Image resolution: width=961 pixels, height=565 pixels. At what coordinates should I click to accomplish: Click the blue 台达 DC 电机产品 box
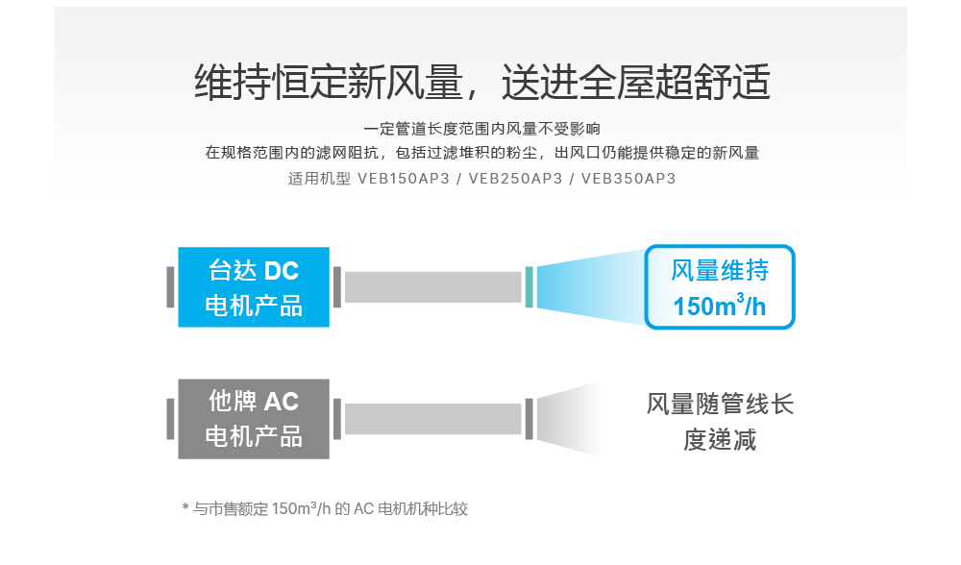(x=254, y=286)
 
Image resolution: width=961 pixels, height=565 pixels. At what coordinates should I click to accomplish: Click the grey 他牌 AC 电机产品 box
(x=254, y=419)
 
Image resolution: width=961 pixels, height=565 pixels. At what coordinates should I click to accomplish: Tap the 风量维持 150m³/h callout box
(x=720, y=286)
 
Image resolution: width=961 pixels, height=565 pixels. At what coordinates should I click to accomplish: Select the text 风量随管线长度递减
(x=720, y=422)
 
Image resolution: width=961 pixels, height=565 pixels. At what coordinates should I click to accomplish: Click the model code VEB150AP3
(x=404, y=179)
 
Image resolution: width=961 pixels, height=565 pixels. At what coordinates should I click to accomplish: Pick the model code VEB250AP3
(x=515, y=179)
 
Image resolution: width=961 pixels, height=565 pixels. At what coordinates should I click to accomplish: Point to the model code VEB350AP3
(x=628, y=179)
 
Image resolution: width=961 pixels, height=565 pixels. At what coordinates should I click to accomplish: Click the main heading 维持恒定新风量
(x=329, y=82)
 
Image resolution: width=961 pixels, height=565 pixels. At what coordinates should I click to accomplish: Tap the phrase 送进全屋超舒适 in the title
(x=635, y=82)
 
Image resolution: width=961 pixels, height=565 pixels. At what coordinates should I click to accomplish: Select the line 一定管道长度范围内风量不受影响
(x=481, y=129)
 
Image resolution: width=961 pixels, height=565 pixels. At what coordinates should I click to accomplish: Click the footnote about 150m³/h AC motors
(x=325, y=508)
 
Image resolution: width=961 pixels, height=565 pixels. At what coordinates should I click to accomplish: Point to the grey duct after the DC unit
(x=432, y=286)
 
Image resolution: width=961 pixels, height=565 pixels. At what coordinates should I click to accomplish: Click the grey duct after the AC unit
(x=432, y=419)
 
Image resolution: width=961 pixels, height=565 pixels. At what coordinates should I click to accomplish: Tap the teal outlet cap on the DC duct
(x=529, y=286)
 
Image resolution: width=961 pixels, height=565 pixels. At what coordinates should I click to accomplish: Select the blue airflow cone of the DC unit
(x=590, y=286)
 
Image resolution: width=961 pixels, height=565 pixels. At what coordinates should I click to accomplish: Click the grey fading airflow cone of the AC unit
(x=568, y=419)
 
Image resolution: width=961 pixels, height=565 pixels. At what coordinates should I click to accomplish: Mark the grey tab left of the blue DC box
(x=170, y=286)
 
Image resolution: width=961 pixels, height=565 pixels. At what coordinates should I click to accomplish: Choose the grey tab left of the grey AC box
(x=170, y=419)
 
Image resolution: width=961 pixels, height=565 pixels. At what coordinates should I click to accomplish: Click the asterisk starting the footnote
(x=185, y=507)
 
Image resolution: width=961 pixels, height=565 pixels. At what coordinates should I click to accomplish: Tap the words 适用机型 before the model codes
(x=319, y=179)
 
